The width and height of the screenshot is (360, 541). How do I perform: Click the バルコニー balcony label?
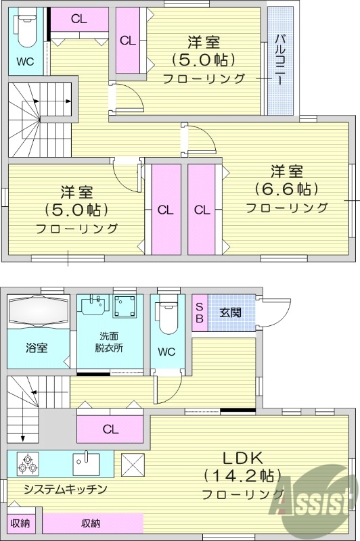click(279, 60)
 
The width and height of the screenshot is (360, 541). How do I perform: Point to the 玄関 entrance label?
click(230, 312)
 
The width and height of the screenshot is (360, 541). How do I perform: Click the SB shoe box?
click(199, 312)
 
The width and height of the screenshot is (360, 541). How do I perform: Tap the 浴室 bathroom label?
click(37, 348)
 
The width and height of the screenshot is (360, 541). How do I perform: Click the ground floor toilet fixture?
click(167, 317)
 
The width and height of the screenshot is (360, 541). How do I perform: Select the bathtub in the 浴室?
click(37, 312)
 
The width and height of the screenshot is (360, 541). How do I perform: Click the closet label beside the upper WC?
click(78, 19)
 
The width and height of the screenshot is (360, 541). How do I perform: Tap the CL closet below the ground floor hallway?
click(110, 428)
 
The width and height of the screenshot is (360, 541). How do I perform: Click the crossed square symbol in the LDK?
click(131, 465)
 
